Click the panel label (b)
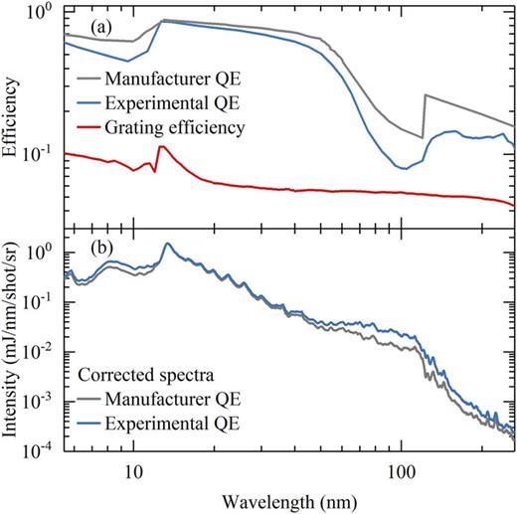point(82,244)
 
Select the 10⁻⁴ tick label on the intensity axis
point(42,448)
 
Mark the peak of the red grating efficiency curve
point(162,147)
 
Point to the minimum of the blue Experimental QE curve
point(403,168)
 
